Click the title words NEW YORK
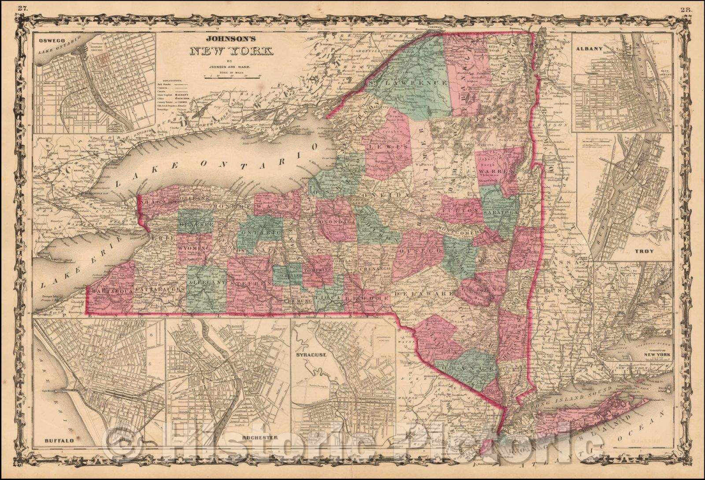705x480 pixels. (x=231, y=51)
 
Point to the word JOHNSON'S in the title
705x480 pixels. (x=231, y=38)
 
